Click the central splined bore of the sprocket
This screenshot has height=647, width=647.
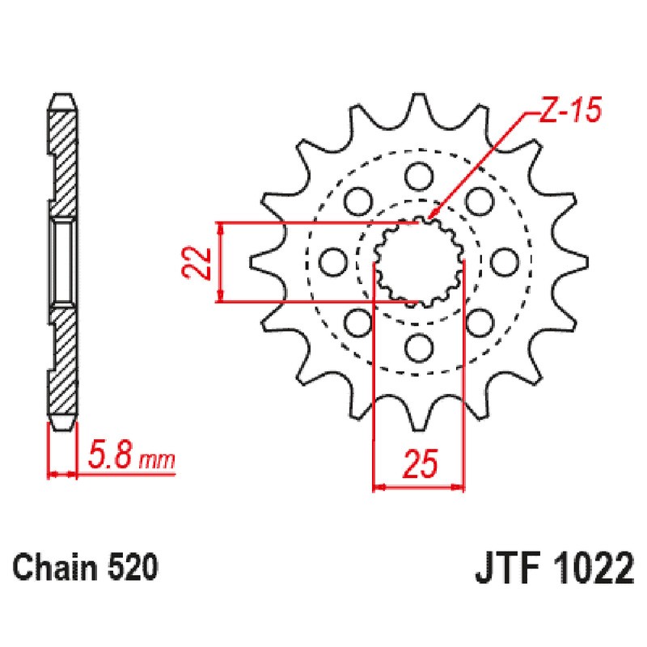[x=418, y=261]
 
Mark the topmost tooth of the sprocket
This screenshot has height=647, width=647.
[x=418, y=104]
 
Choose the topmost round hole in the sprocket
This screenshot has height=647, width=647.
[x=418, y=175]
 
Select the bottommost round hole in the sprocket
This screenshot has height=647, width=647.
[x=418, y=348]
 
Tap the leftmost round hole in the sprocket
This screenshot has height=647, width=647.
[x=332, y=261]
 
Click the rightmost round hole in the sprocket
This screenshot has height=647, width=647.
[x=505, y=261]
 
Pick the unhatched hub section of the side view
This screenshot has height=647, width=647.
[x=63, y=261]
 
